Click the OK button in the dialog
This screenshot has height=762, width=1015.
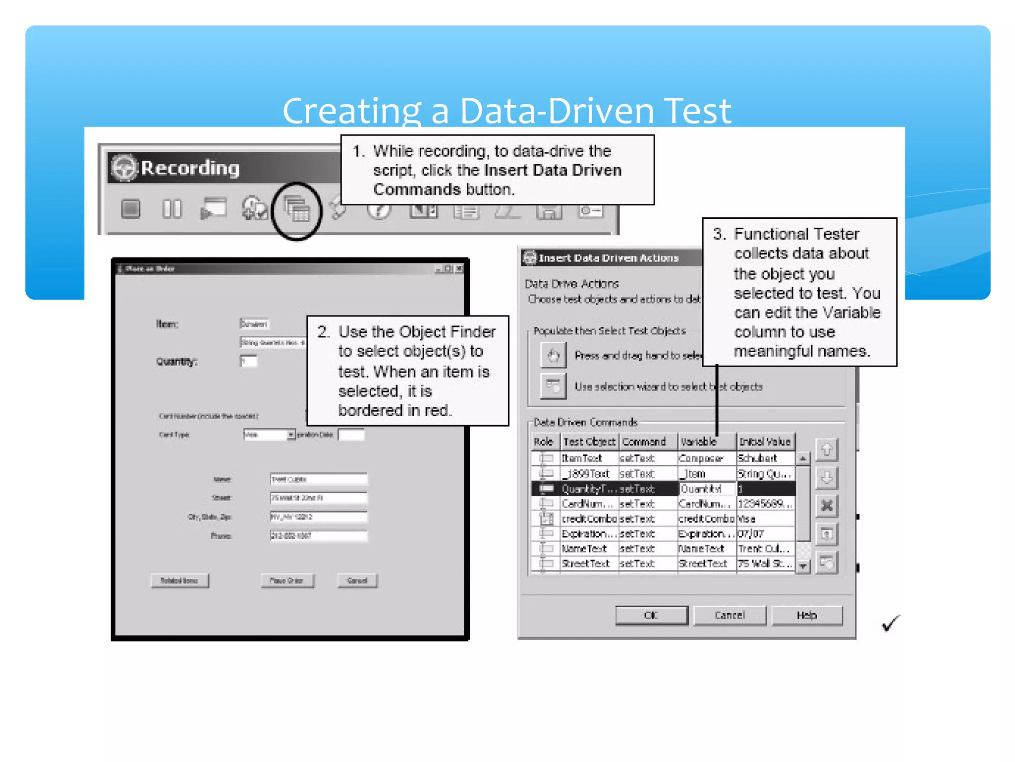(651, 615)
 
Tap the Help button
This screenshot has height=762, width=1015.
(806, 615)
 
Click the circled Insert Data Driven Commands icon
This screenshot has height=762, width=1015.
(297, 210)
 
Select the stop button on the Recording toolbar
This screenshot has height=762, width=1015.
(131, 209)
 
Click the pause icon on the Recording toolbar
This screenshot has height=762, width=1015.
(172, 209)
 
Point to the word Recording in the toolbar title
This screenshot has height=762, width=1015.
(190, 168)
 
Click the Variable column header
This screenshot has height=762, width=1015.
(699, 442)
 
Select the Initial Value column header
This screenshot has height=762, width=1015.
(765, 442)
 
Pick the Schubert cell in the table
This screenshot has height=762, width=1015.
(757, 458)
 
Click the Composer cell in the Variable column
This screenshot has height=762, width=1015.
(701, 458)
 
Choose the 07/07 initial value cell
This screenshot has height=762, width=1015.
(751, 534)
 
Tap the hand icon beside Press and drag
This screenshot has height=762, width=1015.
(553, 355)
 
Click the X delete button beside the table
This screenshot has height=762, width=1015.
(826, 506)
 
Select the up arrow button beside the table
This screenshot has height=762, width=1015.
(826, 450)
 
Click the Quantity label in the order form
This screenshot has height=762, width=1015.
(176, 361)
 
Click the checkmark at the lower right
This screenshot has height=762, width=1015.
(890, 623)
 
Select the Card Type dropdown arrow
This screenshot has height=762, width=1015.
(291, 435)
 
